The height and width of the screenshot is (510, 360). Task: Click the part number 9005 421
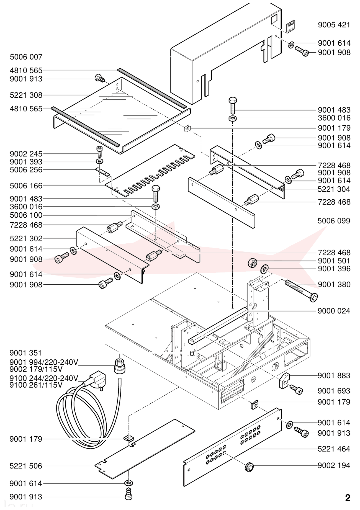point(334,25)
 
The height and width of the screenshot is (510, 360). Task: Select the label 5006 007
point(26,57)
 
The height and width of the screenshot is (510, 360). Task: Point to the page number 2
point(348,498)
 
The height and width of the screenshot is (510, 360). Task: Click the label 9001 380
point(334,285)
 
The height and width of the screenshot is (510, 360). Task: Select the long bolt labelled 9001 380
point(301,290)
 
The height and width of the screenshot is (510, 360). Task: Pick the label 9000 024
point(334,311)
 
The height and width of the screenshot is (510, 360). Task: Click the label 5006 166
point(26,186)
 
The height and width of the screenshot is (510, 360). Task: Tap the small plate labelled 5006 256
point(103,172)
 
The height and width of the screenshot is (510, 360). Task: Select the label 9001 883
point(334,376)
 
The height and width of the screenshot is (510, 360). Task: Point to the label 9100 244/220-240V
point(44,378)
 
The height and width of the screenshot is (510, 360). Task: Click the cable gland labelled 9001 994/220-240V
point(120,366)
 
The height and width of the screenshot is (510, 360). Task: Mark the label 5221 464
point(334,449)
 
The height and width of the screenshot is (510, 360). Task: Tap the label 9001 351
point(25,353)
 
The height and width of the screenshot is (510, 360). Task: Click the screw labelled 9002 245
point(100,152)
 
